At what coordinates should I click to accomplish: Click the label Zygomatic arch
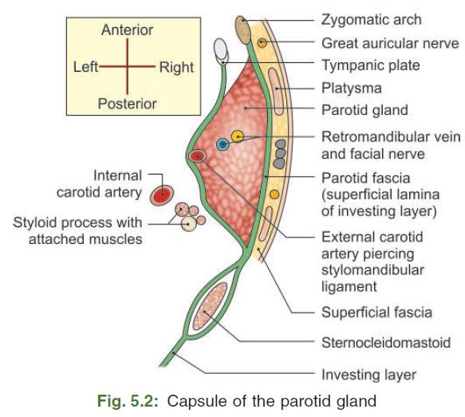tap(370, 19)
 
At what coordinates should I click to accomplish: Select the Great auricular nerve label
tap(390, 43)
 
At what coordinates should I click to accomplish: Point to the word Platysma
tap(351, 88)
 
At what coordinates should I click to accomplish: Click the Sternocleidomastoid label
tap(385, 343)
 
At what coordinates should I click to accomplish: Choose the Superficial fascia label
tap(376, 312)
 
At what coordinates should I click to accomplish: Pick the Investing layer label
tap(368, 373)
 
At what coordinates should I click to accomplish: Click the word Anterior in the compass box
tap(127, 30)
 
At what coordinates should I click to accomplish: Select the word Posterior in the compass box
tap(127, 104)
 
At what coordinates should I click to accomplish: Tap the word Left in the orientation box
tap(85, 68)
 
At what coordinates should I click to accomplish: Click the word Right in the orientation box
tap(176, 68)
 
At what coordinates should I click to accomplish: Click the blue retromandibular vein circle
tap(223, 144)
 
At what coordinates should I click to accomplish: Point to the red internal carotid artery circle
tap(163, 193)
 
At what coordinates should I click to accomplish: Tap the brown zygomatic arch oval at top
tap(243, 30)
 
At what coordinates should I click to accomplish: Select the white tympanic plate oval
tap(222, 49)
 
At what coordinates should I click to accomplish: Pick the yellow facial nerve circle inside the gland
tap(238, 136)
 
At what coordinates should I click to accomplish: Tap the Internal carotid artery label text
tap(99, 183)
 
